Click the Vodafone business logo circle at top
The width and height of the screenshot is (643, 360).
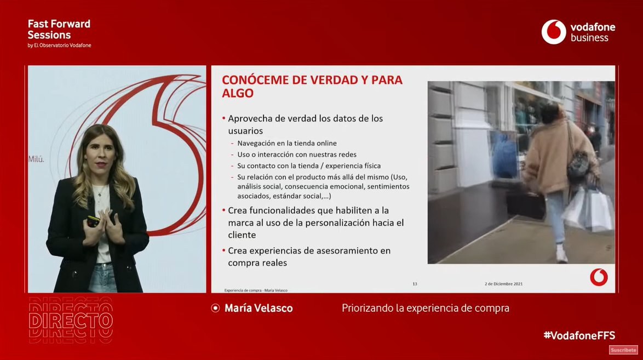pos(553,32)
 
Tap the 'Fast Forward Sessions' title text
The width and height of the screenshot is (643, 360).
pos(59,29)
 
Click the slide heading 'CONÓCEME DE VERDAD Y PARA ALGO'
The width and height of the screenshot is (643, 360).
pos(312,86)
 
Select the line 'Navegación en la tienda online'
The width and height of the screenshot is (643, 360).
pos(287,143)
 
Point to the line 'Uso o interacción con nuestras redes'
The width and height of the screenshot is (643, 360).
pos(297,155)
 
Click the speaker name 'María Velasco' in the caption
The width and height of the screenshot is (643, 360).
pos(259,308)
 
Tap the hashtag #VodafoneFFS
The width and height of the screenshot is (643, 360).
pos(579,335)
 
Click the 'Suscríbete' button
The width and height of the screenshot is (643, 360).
pos(623,350)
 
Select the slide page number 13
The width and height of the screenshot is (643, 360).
pos(415,284)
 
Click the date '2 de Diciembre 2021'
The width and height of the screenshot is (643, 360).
pos(503,284)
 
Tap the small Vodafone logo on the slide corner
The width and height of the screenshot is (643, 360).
pos(599,277)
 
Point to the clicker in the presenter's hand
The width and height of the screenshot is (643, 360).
pos(94,220)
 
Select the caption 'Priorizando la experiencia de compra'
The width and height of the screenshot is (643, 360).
pos(425,308)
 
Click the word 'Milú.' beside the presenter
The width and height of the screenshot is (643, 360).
pos(36,159)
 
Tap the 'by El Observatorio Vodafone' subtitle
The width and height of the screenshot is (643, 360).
pos(59,45)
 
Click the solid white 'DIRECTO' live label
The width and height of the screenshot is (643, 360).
pos(71,320)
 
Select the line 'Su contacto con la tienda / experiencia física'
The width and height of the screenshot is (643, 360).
pos(309,165)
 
